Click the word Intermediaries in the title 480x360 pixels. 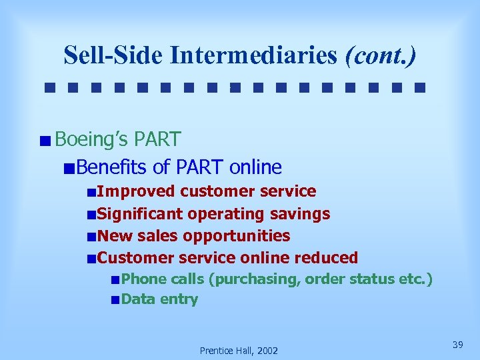(253, 55)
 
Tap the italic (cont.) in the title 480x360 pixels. (381, 55)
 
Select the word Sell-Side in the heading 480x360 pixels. (113, 55)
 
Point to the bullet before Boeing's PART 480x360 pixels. (44, 141)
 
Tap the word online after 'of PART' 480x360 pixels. (255, 167)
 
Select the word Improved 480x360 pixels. (136, 191)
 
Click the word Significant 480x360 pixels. (140, 214)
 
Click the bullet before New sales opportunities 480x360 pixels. (91, 237)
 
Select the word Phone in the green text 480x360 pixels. (144, 279)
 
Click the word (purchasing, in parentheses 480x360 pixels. (254, 279)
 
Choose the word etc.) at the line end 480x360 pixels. (415, 279)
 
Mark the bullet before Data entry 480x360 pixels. (115, 300)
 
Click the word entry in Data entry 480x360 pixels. (178, 299)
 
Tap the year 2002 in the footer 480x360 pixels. (265, 351)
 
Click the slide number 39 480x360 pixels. (457, 345)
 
